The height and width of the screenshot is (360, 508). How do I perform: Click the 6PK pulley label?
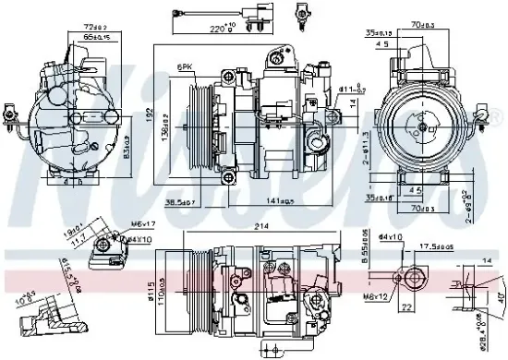coord(186,67)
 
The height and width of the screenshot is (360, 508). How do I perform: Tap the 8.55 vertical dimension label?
coord(365,248)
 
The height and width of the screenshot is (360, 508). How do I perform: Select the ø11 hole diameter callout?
coord(349,89)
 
